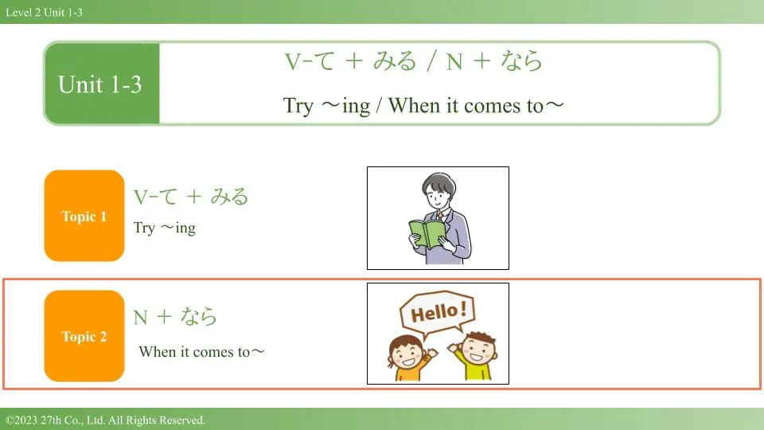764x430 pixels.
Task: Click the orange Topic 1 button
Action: click(84, 216)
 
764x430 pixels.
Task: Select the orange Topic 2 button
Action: click(84, 336)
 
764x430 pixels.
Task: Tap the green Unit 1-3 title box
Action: click(102, 84)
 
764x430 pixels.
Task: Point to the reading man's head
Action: click(439, 190)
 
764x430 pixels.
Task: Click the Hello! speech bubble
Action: click(437, 314)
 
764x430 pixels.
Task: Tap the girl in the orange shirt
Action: click(409, 358)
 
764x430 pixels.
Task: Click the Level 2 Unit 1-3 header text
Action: click(44, 12)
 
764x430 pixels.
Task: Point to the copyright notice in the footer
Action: click(105, 420)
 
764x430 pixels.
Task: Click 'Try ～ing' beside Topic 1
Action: click(164, 228)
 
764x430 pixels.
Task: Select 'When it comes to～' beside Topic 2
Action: click(201, 351)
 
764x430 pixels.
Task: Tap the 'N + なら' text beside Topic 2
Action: click(175, 317)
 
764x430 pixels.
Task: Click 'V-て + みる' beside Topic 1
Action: click(190, 197)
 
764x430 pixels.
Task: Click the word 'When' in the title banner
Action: click(414, 105)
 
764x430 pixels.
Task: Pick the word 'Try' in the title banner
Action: click(298, 106)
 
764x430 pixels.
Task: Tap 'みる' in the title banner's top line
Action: click(396, 61)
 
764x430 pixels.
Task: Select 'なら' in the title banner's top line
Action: click(521, 61)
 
